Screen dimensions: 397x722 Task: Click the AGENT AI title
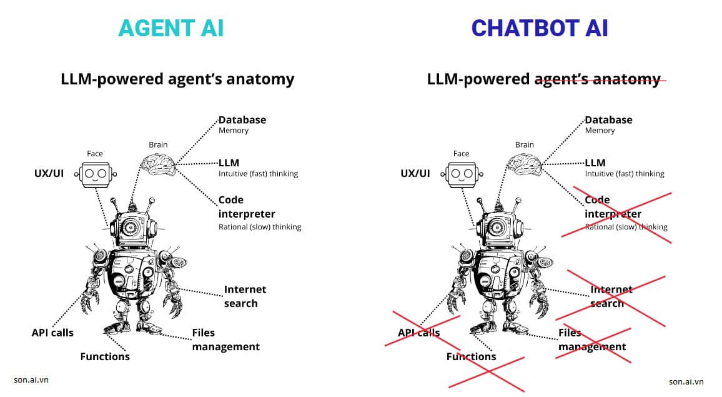[x=171, y=28]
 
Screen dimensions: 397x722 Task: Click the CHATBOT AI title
[x=539, y=28]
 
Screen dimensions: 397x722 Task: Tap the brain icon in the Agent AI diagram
[x=157, y=164]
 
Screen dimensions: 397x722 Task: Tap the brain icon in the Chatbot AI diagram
[x=523, y=164]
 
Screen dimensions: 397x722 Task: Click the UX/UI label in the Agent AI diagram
[x=49, y=173]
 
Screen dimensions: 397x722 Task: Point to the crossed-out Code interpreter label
[x=613, y=207]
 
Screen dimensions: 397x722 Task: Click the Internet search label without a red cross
[x=245, y=296]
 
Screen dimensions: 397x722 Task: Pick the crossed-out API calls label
[x=418, y=333]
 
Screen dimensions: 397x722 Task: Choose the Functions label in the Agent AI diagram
[x=105, y=356]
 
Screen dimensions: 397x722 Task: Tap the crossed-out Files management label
[x=591, y=339]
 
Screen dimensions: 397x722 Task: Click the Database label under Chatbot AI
[x=608, y=119]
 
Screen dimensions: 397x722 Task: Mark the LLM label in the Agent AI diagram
[x=229, y=163]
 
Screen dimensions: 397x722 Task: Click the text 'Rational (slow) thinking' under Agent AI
[x=259, y=227]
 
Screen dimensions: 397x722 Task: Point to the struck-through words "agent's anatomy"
[x=597, y=79]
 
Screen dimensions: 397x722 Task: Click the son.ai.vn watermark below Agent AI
[x=31, y=379]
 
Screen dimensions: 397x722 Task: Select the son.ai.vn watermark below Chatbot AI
[x=686, y=381]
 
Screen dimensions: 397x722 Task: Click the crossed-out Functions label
[x=471, y=356]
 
